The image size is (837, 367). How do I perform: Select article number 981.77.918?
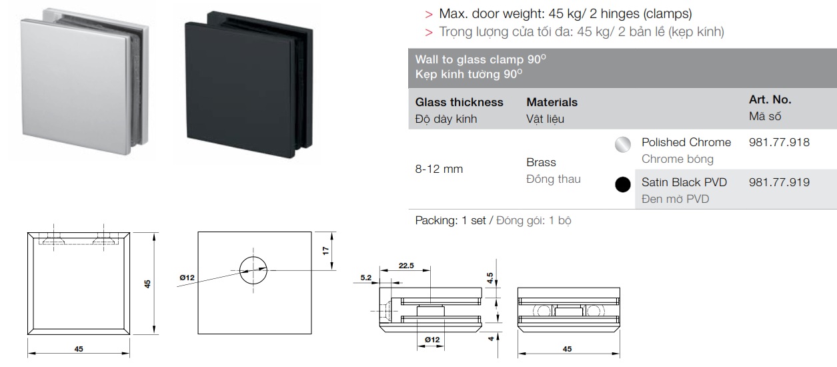coord(779,142)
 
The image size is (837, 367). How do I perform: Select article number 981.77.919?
coord(779,182)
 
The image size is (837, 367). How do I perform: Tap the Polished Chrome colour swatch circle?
coord(622,145)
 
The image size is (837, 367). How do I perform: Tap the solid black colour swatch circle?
coord(622,185)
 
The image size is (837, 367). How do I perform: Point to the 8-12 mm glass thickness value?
coord(439,169)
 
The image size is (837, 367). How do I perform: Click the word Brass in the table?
coord(541,162)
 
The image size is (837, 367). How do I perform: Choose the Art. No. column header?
coord(770,100)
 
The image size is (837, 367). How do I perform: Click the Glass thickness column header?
coord(459,102)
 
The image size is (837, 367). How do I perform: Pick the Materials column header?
coord(552,102)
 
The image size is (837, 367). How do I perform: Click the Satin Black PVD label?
coord(684,182)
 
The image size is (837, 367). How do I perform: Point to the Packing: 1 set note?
coord(450,221)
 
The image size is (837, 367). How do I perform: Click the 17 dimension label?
coord(325,251)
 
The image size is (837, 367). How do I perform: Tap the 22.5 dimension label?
coord(406,266)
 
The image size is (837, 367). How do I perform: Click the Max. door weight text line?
coord(565,13)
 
